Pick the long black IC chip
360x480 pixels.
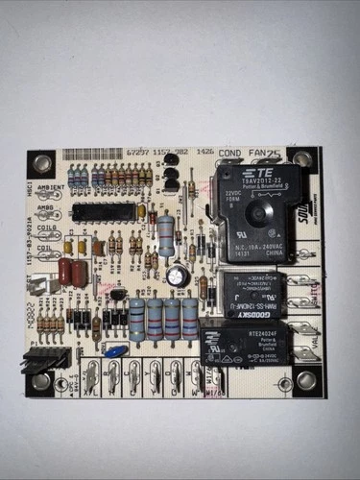(104, 211)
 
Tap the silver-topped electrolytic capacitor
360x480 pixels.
(177, 276)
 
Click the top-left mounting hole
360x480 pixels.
(43, 160)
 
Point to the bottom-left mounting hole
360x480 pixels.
(41, 381)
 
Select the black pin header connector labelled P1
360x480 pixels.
(50, 358)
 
